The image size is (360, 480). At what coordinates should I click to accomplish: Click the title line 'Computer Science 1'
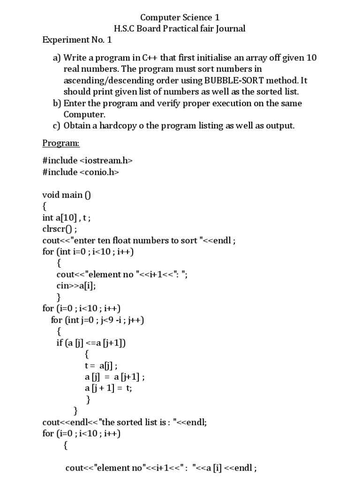180,17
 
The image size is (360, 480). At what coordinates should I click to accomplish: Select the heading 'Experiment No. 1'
77,40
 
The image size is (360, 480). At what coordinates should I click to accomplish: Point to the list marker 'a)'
57,58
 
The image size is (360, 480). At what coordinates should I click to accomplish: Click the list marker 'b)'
57,103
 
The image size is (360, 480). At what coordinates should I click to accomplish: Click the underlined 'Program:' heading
61,143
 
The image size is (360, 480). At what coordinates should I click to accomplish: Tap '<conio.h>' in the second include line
99,172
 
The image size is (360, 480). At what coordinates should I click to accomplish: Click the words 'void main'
62,195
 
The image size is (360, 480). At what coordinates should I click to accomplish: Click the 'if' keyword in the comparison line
60,343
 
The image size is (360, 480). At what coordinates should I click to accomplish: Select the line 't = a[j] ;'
101,366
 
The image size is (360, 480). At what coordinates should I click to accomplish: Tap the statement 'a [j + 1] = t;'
108,388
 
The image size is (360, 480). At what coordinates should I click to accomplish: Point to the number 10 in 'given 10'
311,58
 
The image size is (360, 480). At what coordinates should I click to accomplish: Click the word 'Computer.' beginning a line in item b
85,114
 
